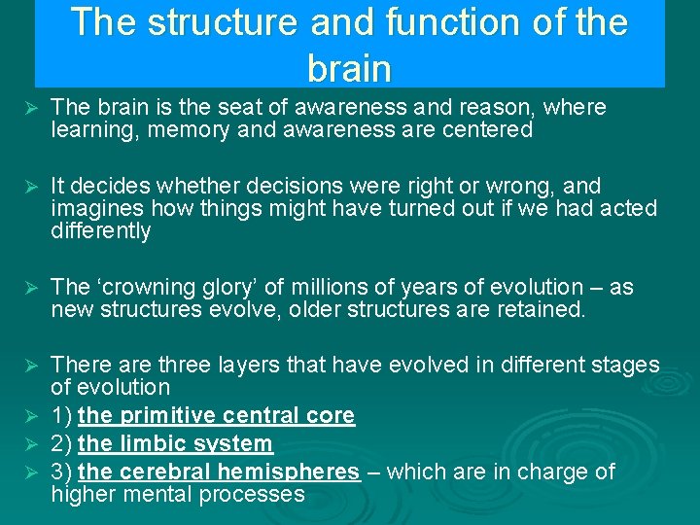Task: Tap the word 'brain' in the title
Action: point(349,69)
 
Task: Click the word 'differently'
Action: point(100,230)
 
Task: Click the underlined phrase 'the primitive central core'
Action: point(216,415)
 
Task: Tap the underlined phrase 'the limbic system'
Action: point(175,444)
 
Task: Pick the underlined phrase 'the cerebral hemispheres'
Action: point(219,472)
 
